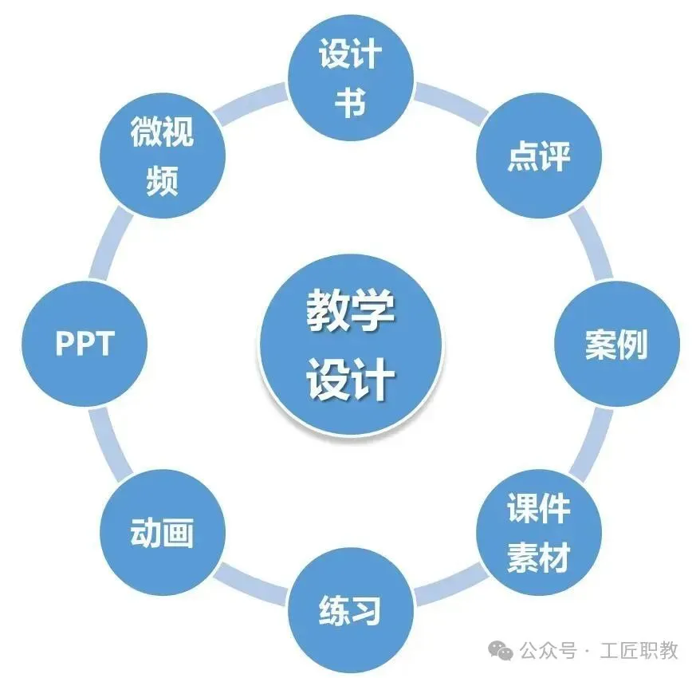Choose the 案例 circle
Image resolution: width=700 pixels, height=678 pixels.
point(616,345)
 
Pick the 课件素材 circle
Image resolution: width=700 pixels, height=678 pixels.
point(539,533)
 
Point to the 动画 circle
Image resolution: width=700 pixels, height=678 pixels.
point(162,533)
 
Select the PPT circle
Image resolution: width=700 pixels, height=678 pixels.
point(85,345)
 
